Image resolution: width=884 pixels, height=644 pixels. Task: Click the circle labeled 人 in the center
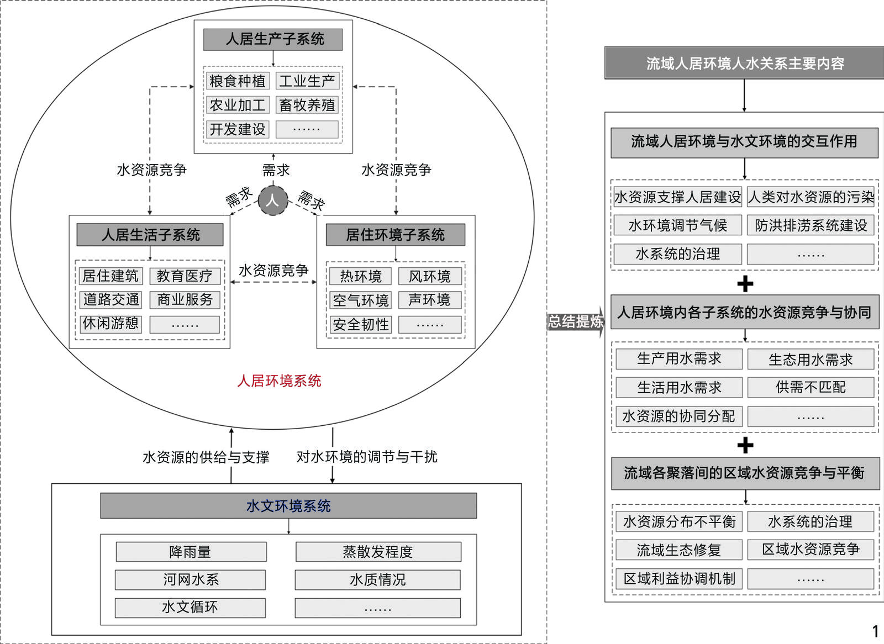click(x=272, y=200)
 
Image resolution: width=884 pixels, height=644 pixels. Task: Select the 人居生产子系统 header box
click(x=273, y=39)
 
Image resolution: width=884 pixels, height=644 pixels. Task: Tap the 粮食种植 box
click(x=238, y=81)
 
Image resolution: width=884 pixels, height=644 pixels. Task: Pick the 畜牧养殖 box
click(x=307, y=105)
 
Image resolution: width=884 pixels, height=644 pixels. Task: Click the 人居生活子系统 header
click(x=150, y=235)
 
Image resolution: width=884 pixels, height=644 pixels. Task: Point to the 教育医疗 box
click(x=185, y=276)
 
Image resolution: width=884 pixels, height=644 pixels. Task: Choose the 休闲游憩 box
click(x=110, y=324)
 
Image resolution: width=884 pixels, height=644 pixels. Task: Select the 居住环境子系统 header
click(x=395, y=235)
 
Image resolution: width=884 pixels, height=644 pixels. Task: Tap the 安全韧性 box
click(x=361, y=325)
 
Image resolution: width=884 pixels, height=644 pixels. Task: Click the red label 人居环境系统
click(x=279, y=381)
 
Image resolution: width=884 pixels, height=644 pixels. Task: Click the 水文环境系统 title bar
click(x=288, y=506)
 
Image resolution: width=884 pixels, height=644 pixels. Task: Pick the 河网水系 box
click(x=190, y=579)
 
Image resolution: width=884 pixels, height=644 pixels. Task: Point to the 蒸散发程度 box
click(x=378, y=552)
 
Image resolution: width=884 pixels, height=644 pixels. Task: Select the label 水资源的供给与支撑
click(x=206, y=457)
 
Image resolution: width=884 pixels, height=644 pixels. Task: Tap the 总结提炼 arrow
click(x=575, y=321)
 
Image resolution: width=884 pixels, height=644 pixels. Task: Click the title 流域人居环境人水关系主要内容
click(x=744, y=63)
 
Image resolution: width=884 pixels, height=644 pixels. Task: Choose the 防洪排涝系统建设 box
click(x=811, y=225)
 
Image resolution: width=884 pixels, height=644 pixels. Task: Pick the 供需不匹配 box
click(x=811, y=387)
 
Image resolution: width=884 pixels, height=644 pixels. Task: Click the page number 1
click(x=875, y=631)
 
